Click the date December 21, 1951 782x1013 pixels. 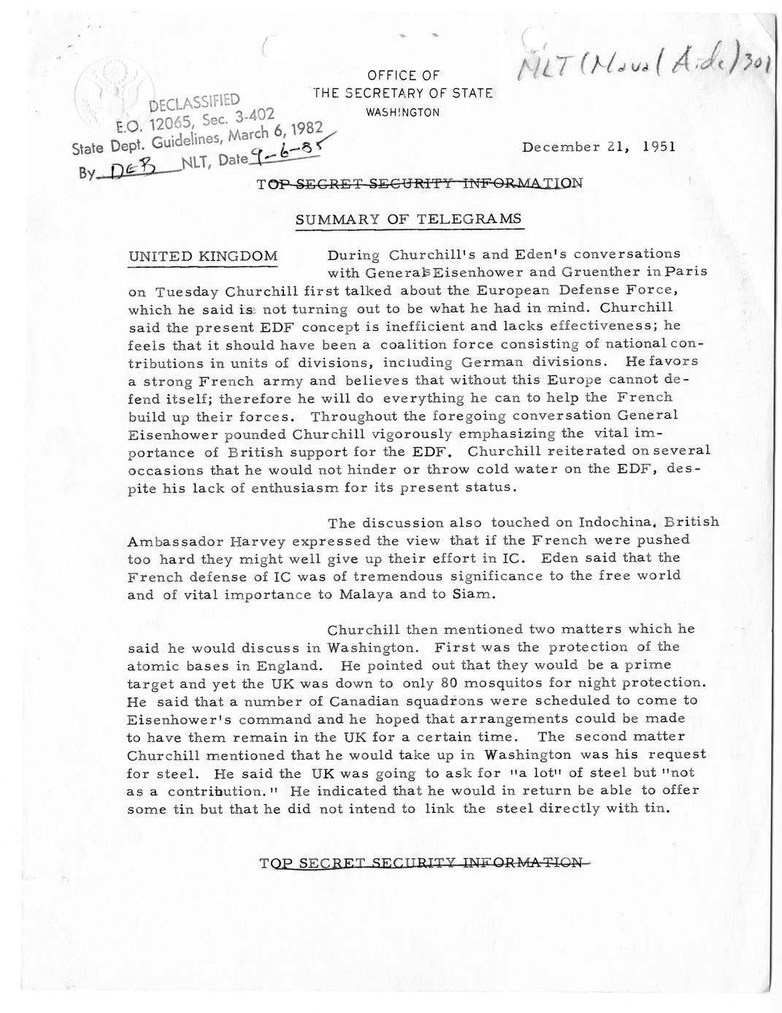click(598, 145)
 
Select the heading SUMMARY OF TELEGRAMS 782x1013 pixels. click(408, 218)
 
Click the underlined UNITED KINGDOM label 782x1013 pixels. click(203, 256)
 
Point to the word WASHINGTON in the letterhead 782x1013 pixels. click(402, 112)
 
